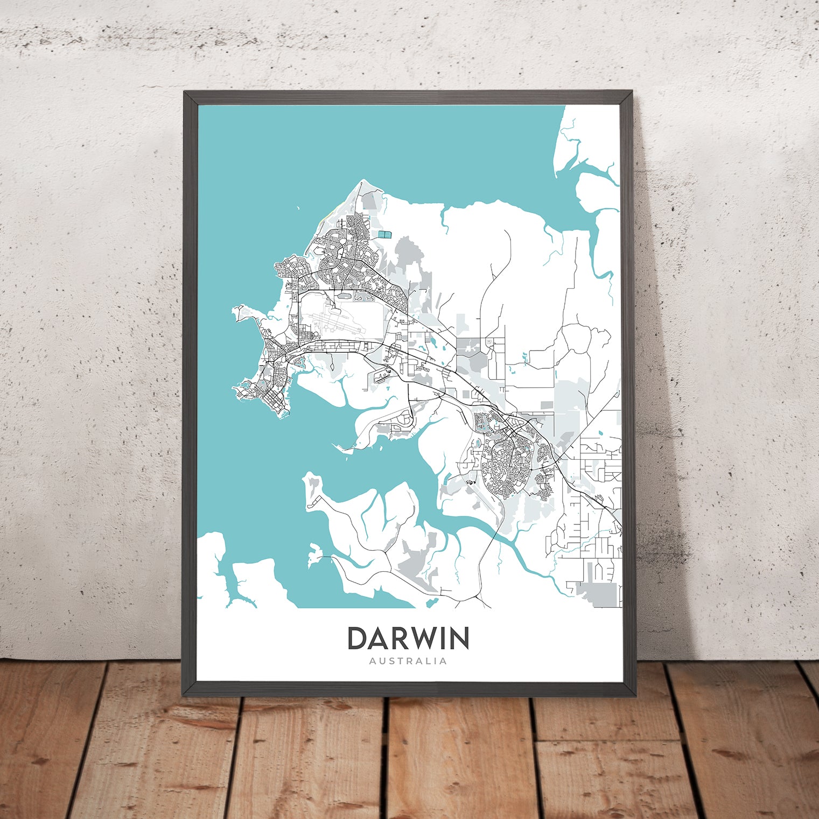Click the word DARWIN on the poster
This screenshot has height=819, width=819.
pyautogui.click(x=408, y=639)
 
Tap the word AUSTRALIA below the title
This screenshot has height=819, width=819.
pyautogui.click(x=408, y=661)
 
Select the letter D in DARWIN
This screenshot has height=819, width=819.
pyautogui.click(x=358, y=639)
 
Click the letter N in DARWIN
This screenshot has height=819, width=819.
pyautogui.click(x=459, y=639)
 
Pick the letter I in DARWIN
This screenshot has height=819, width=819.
pyautogui.click(x=443, y=639)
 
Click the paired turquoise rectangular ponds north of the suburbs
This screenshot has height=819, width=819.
pyautogui.click(x=385, y=234)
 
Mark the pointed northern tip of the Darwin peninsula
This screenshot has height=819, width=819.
pyautogui.click(x=362, y=181)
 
